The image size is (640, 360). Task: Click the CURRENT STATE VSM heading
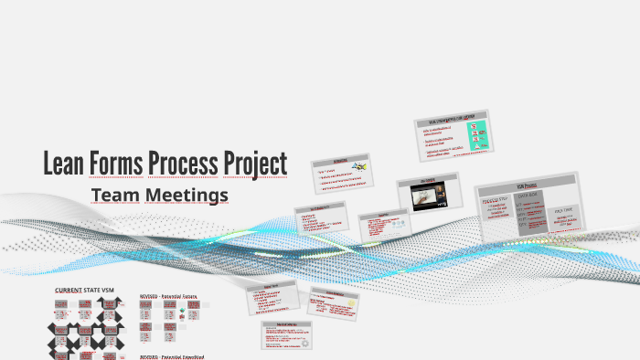tap(85, 290)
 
